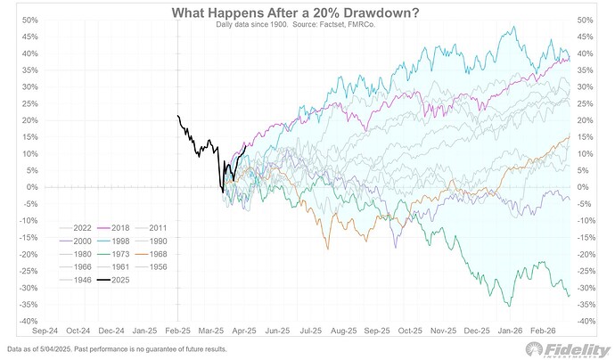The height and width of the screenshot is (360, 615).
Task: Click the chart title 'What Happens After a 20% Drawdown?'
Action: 295,13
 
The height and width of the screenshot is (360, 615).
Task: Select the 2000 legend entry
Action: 76,241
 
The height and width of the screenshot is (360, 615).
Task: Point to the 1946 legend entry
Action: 76,280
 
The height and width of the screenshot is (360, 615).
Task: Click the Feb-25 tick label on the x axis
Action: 177,331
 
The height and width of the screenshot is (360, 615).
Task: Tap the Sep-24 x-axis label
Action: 45,331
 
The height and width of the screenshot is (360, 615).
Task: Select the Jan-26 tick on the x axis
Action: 510,331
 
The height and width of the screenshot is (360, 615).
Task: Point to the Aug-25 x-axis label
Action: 344,331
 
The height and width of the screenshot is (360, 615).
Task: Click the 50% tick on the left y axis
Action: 29,20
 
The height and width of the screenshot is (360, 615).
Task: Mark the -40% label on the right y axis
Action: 586,321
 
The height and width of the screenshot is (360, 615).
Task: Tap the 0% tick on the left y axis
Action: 32,187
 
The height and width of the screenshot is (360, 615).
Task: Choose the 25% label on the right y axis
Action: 586,103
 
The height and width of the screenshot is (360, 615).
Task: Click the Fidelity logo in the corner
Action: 568,350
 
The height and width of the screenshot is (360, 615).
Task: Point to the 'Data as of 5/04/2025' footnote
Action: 117,348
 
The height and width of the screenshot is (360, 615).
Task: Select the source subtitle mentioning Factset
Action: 296,24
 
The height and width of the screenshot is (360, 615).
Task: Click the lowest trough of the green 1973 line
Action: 510,306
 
